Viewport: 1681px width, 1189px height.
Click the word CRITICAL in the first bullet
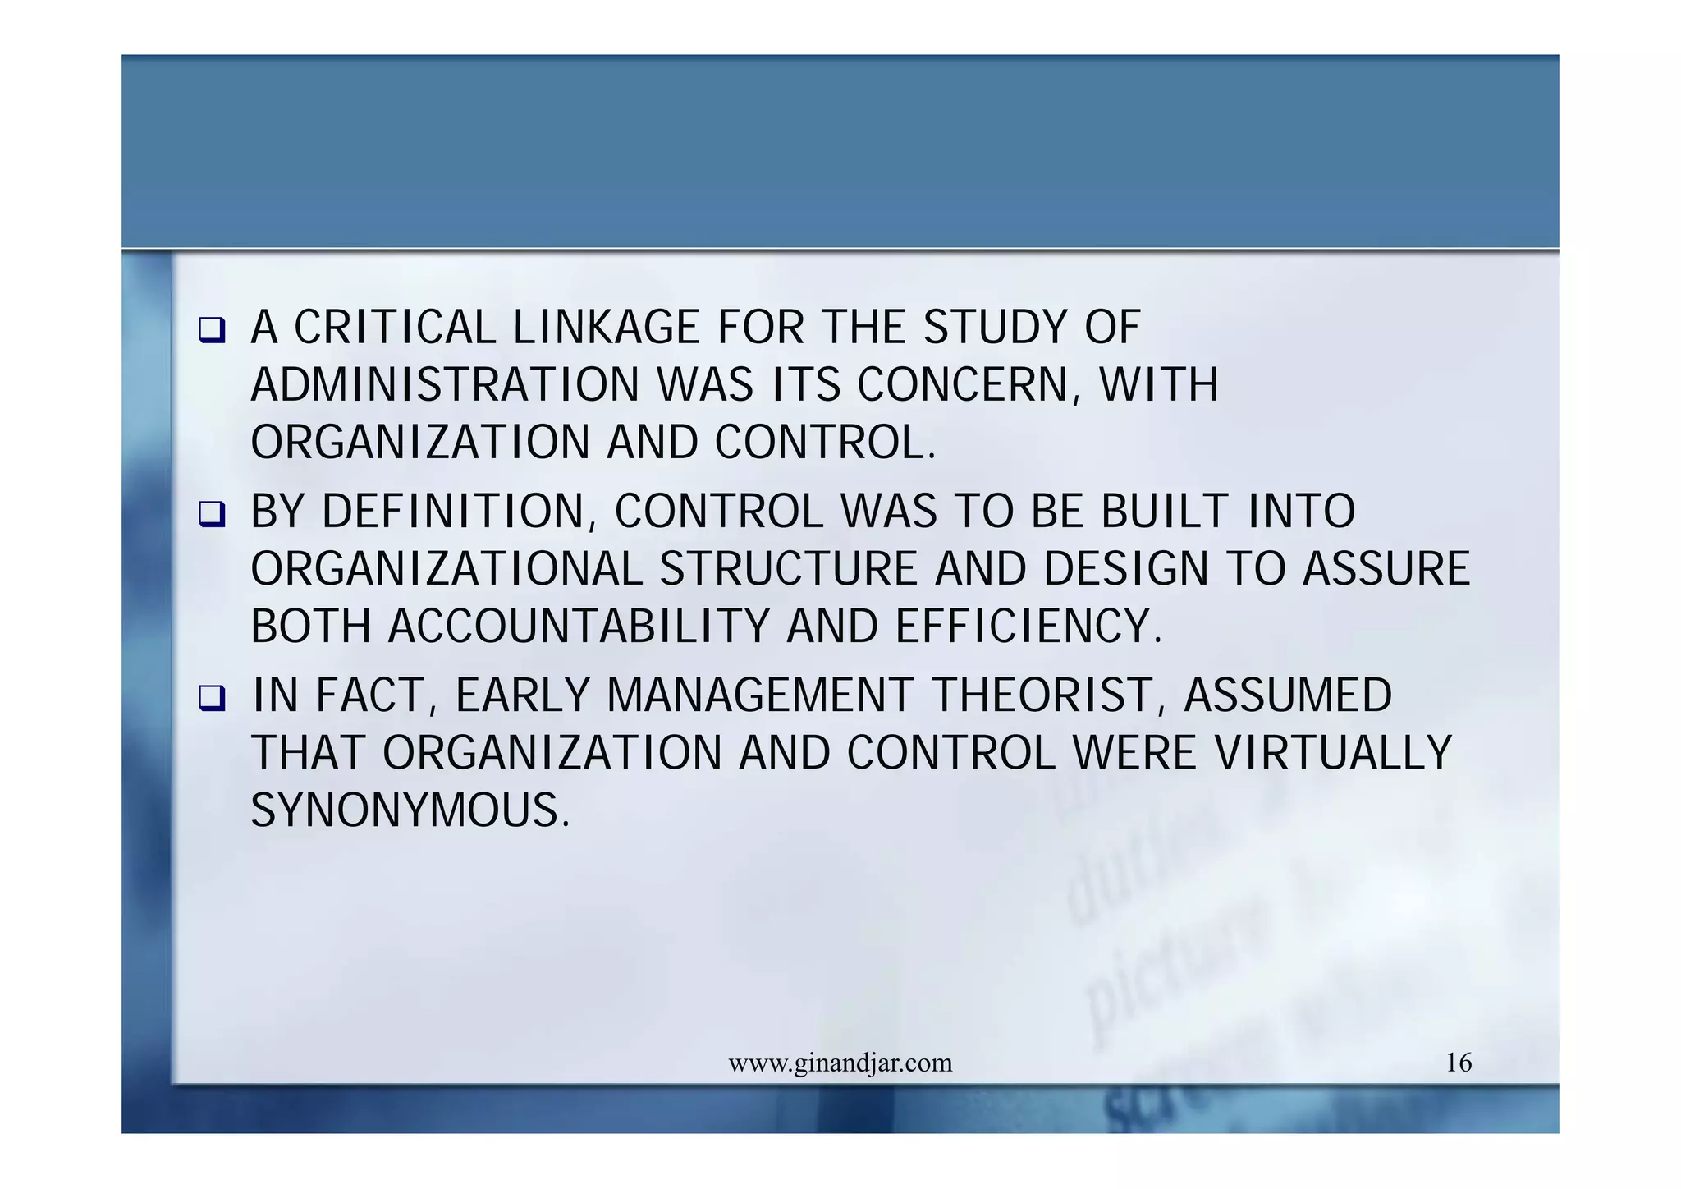click(395, 328)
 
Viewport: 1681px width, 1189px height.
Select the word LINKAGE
click(606, 328)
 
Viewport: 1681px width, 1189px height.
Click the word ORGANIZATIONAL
click(447, 569)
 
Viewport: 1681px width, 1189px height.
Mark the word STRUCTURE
click(789, 569)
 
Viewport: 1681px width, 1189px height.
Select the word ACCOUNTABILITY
click(579, 627)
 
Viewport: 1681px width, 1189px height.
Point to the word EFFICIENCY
click(1028, 627)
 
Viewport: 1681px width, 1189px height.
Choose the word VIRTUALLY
click(1333, 753)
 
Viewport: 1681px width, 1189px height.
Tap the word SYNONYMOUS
click(410, 810)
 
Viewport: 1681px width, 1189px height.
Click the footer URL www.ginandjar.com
click(840, 1063)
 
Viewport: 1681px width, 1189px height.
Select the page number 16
click(1459, 1063)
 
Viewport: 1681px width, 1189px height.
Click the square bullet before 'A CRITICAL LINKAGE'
click(212, 331)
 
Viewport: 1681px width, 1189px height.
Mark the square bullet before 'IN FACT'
click(212, 699)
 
